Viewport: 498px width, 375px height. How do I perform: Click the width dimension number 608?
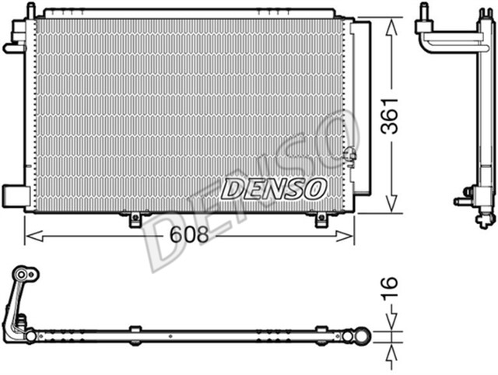tap(190, 233)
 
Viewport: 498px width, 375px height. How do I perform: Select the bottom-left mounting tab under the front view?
tap(135, 219)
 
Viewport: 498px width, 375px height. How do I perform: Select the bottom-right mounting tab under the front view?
tap(321, 219)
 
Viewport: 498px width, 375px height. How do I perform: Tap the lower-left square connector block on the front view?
tap(15, 194)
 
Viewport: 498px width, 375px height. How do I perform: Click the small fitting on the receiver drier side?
tap(351, 153)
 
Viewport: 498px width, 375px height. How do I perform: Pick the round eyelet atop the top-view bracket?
tap(25, 274)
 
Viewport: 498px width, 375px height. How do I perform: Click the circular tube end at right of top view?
tap(360, 336)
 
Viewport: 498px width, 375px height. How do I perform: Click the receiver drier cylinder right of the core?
tap(362, 109)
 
